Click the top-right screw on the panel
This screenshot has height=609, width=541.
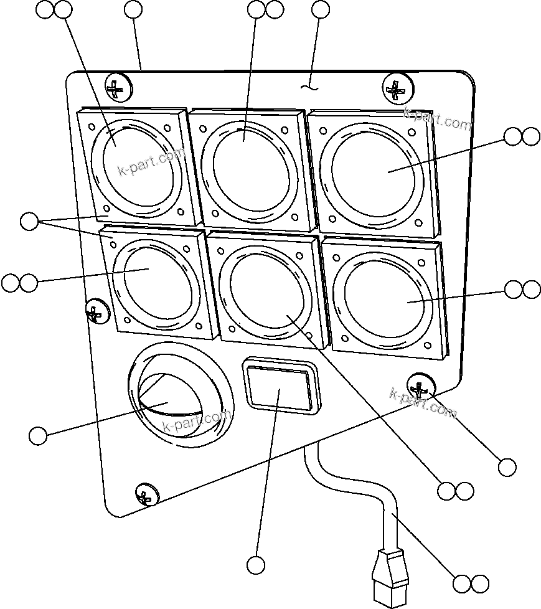point(396,88)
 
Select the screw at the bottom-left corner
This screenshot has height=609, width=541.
point(146,494)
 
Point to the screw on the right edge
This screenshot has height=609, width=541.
point(421,387)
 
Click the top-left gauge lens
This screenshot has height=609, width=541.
point(136,163)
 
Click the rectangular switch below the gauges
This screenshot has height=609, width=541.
point(278,387)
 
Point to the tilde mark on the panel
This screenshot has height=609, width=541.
point(308,87)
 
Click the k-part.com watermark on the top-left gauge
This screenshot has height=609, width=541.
point(151,161)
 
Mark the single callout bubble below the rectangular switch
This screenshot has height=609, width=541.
point(256,565)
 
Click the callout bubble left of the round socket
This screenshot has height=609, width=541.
point(38,436)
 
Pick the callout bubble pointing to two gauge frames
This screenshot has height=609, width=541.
point(29,221)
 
